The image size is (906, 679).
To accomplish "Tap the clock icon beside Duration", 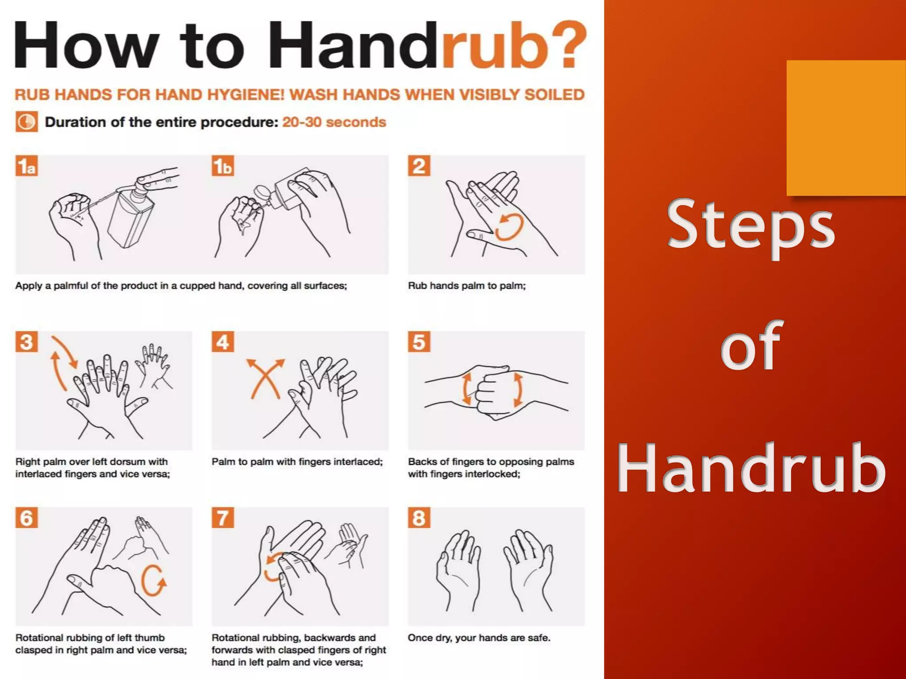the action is tap(27, 122).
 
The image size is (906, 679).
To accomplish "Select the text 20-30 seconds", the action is tap(334, 122).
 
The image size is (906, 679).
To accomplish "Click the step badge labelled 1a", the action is tap(27, 166).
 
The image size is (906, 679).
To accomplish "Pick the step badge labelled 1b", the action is tap(223, 166).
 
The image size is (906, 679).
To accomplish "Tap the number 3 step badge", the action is tap(27, 342).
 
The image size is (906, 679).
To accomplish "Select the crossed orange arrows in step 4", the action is tap(265, 378).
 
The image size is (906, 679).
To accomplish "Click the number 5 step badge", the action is tap(419, 342).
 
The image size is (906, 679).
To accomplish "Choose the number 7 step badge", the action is tap(223, 518).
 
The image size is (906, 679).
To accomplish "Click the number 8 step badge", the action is tap(419, 518).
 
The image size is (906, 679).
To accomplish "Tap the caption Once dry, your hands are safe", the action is tap(479, 638).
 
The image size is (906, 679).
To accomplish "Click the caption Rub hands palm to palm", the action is tap(467, 286).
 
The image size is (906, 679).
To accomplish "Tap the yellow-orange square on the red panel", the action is tap(846, 128).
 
